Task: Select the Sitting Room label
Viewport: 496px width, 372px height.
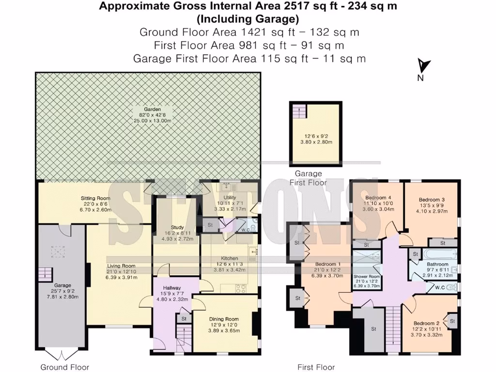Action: (95, 198)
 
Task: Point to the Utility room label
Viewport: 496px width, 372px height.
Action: (230, 198)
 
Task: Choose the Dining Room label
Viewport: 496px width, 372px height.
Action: (224, 319)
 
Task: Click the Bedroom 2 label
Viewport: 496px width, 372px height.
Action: (426, 323)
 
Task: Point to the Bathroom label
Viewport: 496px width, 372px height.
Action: (437, 264)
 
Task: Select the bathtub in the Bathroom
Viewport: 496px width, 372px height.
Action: (439, 254)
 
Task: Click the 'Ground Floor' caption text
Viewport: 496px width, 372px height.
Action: (61, 367)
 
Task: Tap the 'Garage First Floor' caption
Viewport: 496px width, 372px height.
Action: (308, 178)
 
